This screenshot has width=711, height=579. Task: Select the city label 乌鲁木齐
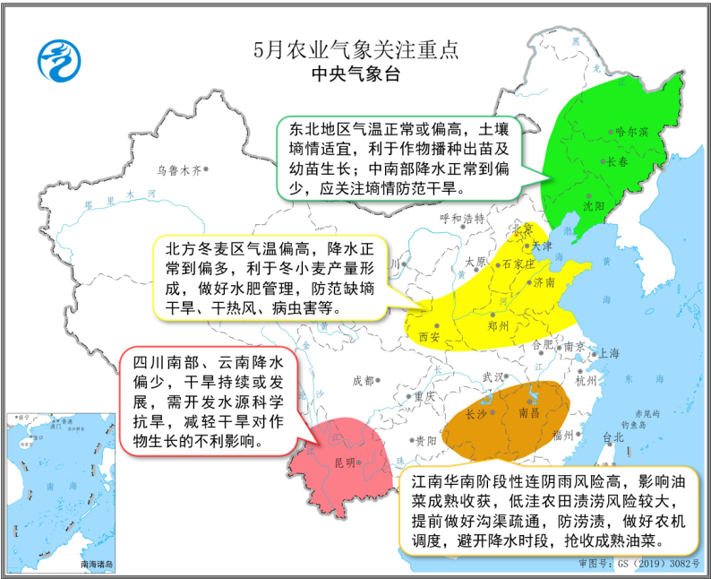177,168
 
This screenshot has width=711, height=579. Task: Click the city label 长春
618,162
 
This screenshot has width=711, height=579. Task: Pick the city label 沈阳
594,205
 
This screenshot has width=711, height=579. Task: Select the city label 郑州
498,327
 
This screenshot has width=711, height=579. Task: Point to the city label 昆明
345,462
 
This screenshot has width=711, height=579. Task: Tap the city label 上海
608,353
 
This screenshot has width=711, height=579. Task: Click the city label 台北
612,437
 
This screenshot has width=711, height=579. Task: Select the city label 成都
364,380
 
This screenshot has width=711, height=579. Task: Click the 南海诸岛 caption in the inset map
99,564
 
